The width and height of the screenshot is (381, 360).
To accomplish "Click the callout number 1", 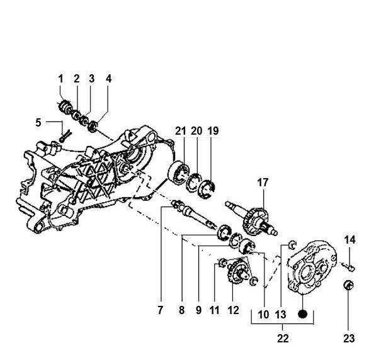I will pos(61,79).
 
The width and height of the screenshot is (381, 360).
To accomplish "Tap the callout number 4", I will pos(108,79).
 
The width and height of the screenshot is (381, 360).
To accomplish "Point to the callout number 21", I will pos(181,131).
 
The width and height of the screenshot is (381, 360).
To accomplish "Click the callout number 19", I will pos(213,131).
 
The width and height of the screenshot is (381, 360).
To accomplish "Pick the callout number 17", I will pos(263,183).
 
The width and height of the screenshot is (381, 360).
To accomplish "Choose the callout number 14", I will pos(350,240).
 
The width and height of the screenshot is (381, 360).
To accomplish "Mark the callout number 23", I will pos(349,339).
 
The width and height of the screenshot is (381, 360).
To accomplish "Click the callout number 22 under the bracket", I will pos(283,339).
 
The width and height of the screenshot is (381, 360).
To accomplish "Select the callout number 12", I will pos(234,310).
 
